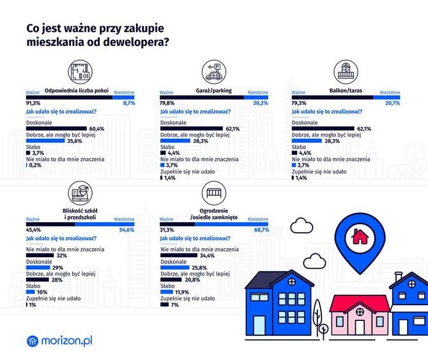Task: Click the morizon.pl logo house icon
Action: [33, 341]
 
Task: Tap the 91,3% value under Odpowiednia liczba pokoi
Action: [33, 103]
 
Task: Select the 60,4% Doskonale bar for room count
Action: [56, 128]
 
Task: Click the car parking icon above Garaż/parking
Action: [214, 72]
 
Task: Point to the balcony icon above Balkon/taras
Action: [346, 72]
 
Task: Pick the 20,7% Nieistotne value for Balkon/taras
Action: [392, 103]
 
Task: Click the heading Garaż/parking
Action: [214, 91]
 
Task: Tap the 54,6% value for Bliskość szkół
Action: [126, 230]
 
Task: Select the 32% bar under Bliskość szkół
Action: [40, 255]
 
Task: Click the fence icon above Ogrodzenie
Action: [214, 193]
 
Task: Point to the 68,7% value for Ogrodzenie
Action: [261, 230]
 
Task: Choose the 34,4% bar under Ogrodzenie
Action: [179, 255]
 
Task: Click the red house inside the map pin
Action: [360, 236]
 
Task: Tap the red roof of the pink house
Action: [360, 303]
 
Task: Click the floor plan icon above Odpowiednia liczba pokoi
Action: [80, 72]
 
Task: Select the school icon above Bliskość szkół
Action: [80, 193]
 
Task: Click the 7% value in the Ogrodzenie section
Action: [174, 304]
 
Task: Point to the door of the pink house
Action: [360, 327]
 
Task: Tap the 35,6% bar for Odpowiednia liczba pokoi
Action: [45, 140]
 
